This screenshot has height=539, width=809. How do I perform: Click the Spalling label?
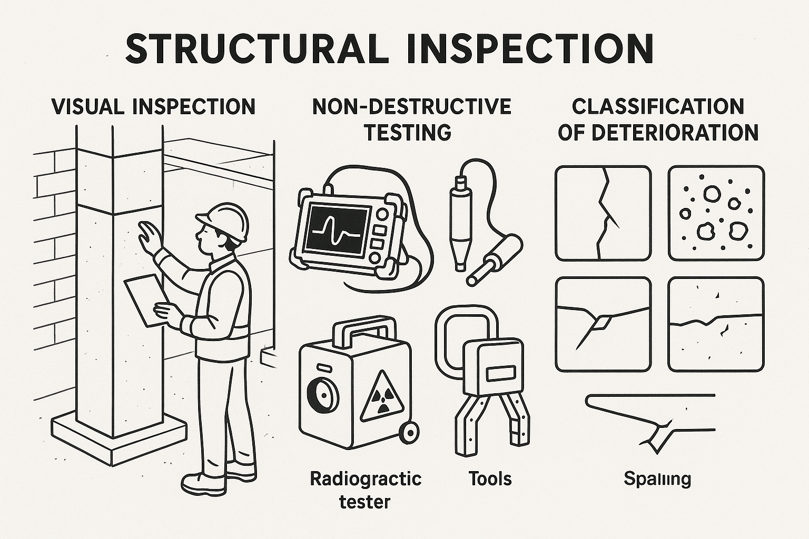(657, 479)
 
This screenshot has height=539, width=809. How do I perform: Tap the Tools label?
(490, 478)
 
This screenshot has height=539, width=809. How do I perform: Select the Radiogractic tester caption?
(365, 490)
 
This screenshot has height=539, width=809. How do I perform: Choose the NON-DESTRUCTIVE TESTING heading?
(411, 119)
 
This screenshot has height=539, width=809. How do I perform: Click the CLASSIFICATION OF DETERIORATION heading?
(658, 119)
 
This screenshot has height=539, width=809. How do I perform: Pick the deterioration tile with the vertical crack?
(603, 213)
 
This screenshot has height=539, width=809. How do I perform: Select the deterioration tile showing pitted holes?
(716, 213)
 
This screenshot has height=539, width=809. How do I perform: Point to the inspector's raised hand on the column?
(148, 235)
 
